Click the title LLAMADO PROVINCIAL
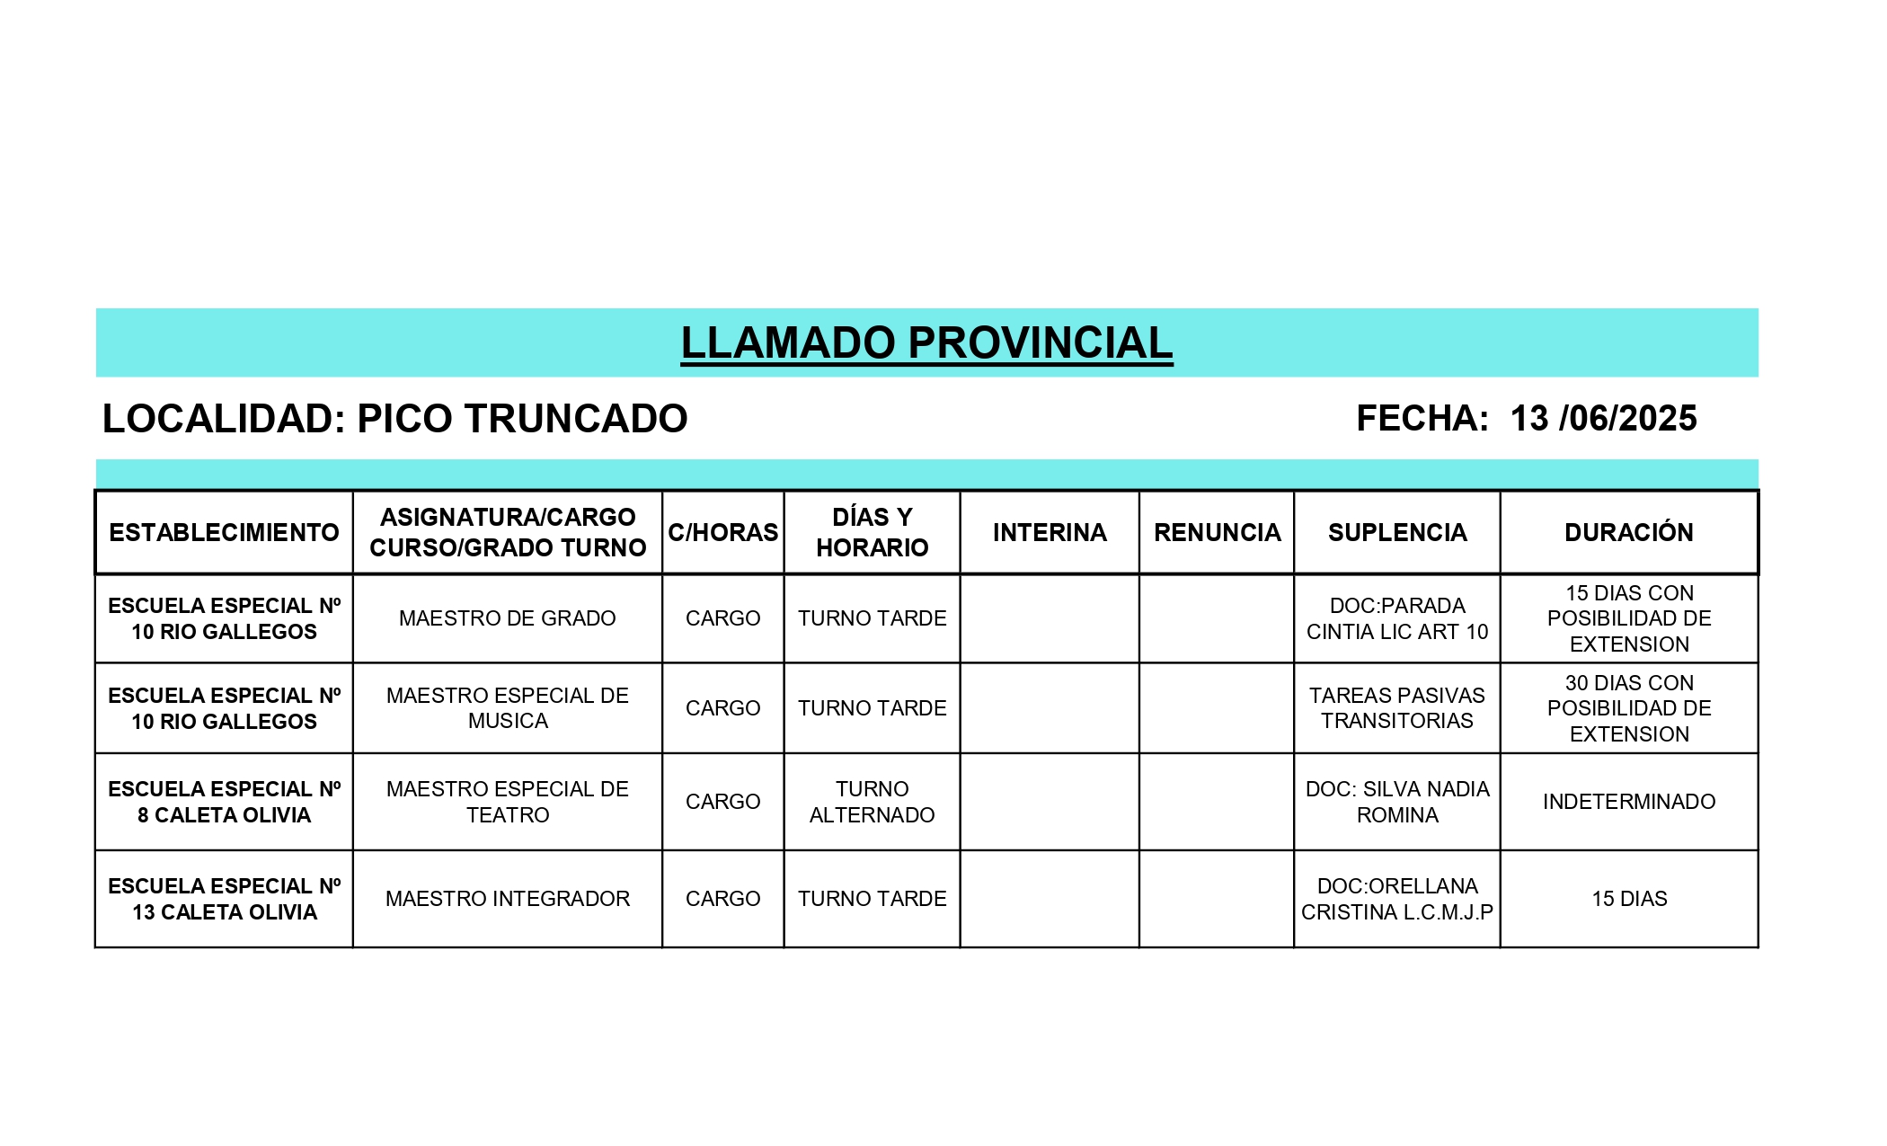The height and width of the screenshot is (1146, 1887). tap(926, 342)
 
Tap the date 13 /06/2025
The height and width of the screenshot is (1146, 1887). tap(1603, 419)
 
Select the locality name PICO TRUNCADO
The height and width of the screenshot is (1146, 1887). tap(522, 419)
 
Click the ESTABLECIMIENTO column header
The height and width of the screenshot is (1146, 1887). tap(224, 532)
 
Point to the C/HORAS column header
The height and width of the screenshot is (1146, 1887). tap(722, 532)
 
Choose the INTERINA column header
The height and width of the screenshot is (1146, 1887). tap(1050, 532)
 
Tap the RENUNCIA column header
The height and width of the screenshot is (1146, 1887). tap(1217, 532)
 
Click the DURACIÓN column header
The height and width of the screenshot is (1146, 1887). tap(1628, 532)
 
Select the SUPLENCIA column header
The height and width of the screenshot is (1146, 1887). tap(1397, 532)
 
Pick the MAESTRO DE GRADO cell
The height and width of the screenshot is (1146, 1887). tap(507, 618)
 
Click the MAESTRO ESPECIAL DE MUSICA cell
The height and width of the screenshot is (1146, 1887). tap(507, 708)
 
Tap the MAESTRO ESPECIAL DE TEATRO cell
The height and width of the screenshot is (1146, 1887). tap(507, 802)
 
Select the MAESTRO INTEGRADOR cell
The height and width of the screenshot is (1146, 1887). tap(507, 899)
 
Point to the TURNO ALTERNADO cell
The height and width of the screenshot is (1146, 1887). tap(872, 802)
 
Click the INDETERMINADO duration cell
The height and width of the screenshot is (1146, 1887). tap(1628, 802)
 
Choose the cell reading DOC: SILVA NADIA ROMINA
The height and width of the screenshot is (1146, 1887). tap(1397, 802)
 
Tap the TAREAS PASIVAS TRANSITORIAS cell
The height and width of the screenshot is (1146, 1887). tap(1397, 708)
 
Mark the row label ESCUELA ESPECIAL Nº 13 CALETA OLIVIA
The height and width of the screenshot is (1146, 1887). tap(224, 899)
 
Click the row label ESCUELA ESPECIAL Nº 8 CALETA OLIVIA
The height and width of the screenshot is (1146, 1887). tap(224, 802)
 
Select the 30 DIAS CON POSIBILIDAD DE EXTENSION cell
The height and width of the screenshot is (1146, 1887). tap(1628, 708)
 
